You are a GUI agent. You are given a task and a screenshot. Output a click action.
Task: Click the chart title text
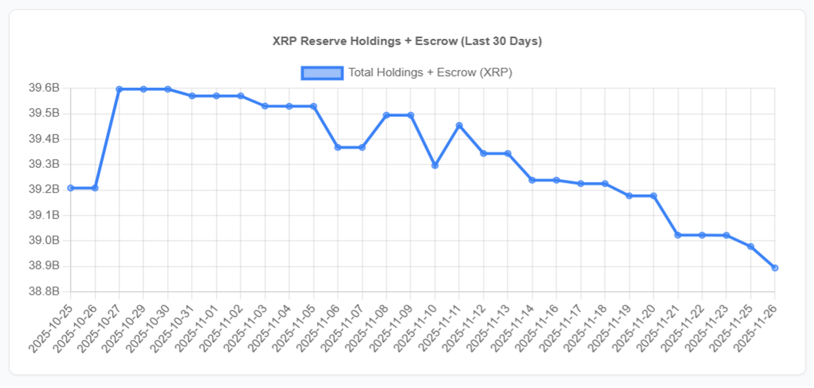tap(407, 41)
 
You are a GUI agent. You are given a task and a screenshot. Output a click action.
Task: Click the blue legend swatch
tap(322, 72)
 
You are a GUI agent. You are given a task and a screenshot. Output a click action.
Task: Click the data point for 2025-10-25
tap(71, 188)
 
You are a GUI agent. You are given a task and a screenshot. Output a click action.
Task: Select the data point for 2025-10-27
tap(119, 89)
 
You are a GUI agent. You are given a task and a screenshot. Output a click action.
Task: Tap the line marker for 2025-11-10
tap(435, 165)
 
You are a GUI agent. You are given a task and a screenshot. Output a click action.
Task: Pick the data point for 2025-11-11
tap(459, 125)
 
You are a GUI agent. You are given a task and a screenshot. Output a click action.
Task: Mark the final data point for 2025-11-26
tap(775, 268)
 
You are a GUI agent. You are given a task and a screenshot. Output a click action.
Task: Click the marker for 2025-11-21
tap(678, 235)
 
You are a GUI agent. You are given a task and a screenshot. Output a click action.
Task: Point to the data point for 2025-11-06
tap(338, 147)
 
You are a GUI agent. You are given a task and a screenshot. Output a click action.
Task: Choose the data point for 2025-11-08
tap(386, 115)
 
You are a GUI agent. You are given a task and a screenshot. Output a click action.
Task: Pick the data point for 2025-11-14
tap(532, 180)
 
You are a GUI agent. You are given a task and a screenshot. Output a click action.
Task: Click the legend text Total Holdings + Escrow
tap(430, 72)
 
